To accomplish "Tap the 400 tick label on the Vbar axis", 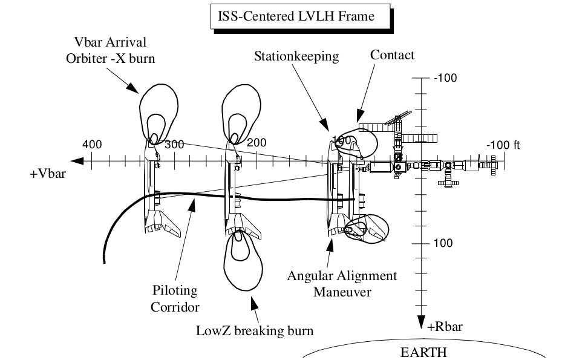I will click(93, 144).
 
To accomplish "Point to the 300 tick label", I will click(174, 144).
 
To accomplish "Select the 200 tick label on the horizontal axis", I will click(256, 143).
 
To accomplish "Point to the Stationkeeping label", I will click(296, 57).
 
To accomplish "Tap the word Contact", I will click(392, 55).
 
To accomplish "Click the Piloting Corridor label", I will click(175, 298).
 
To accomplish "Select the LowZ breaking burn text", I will click(255, 331).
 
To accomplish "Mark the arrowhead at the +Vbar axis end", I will click(76, 162).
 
